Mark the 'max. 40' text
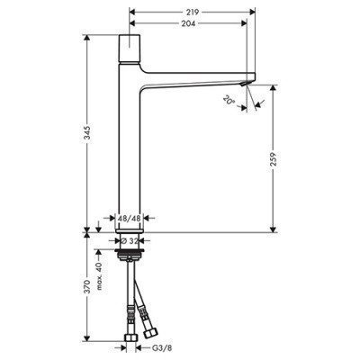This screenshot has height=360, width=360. click(101, 264)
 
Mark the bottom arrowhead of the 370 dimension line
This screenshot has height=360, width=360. click(87, 345)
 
